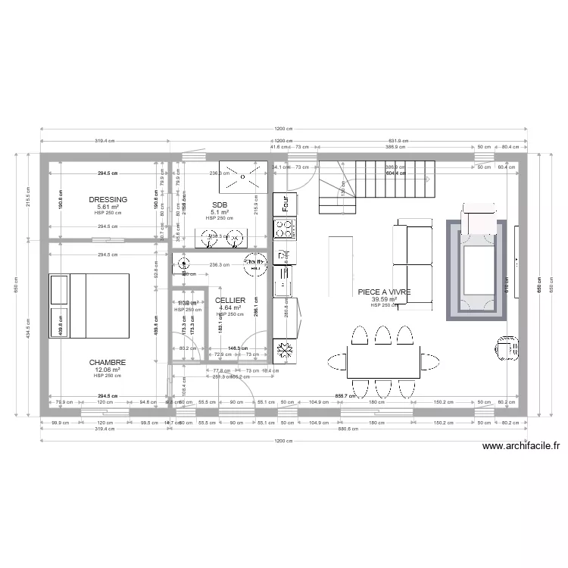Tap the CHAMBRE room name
click(x=107, y=362)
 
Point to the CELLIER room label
click(x=229, y=301)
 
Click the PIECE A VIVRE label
click(x=385, y=292)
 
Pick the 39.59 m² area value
click(x=385, y=299)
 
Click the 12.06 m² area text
click(x=107, y=370)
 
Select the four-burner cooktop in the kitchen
click(x=286, y=229)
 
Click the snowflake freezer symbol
click(x=286, y=350)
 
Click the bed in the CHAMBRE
click(x=89, y=305)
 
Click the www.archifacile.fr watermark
click(x=520, y=447)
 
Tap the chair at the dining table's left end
click(x=336, y=362)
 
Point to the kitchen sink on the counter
click(x=286, y=284)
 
